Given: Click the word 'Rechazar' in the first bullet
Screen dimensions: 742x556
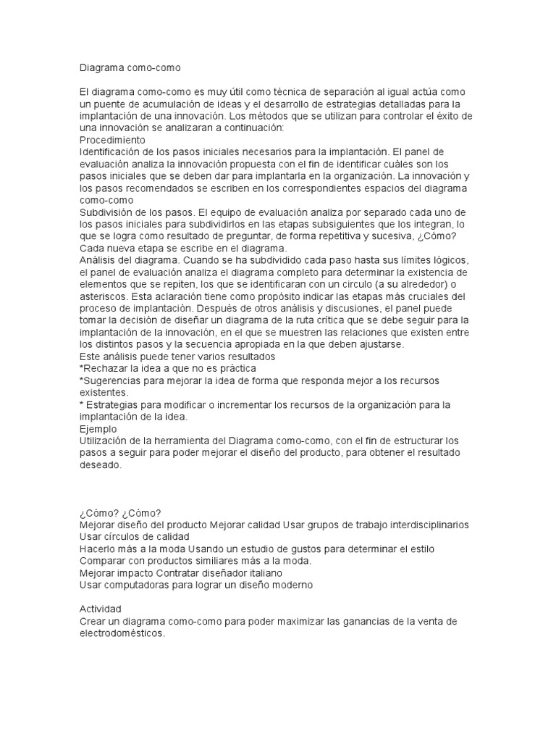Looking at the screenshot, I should point(106,369).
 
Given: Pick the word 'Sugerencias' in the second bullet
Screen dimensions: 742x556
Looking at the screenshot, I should point(112,380).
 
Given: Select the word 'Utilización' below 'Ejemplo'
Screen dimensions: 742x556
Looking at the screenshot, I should point(106,441).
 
